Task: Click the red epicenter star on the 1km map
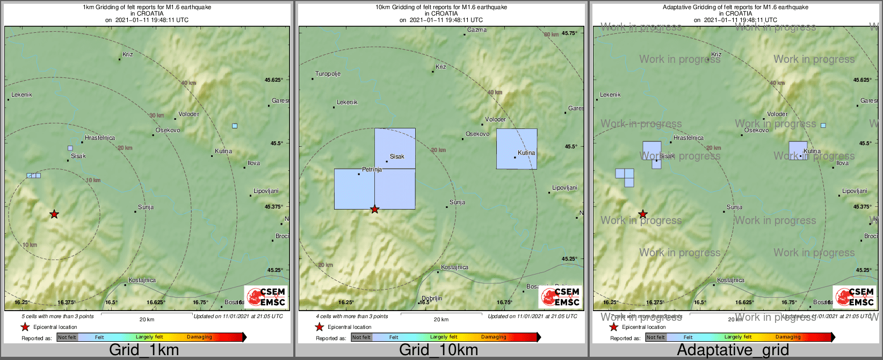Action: tap(54, 214)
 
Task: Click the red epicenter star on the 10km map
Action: tap(375, 210)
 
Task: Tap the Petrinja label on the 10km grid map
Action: tap(372, 169)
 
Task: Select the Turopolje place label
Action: tap(328, 74)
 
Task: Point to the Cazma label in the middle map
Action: tap(477, 30)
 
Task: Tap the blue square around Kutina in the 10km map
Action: tap(516, 149)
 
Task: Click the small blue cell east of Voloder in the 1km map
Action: tap(235, 126)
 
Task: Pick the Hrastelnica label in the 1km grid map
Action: tap(100, 138)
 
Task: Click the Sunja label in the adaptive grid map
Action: tap(734, 207)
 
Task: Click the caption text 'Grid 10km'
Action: tap(438, 350)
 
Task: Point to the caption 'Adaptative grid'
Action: tap(733, 350)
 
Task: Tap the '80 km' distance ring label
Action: tap(551, 34)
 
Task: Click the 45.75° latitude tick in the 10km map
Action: tap(569, 33)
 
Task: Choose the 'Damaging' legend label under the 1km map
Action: tap(199, 337)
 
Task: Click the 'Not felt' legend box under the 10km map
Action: tap(361, 337)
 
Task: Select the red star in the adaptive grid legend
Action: tap(613, 327)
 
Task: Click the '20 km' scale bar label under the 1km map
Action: tap(147, 319)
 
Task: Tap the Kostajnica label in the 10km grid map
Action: tap(454, 268)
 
